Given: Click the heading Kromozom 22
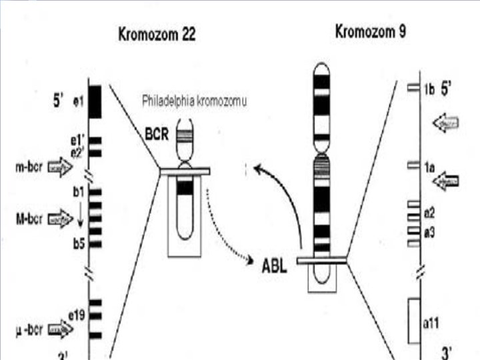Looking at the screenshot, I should pos(157,35).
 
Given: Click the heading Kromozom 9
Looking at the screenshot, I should pos(370,32).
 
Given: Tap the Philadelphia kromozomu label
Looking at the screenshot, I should pos(194,101).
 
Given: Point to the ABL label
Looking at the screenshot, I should pos(274,271).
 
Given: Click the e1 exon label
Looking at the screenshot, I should pos(78,101).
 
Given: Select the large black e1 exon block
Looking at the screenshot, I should pos(95,101).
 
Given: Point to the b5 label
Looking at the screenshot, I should pos(79,244).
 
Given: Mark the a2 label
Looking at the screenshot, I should pos(429,213).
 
